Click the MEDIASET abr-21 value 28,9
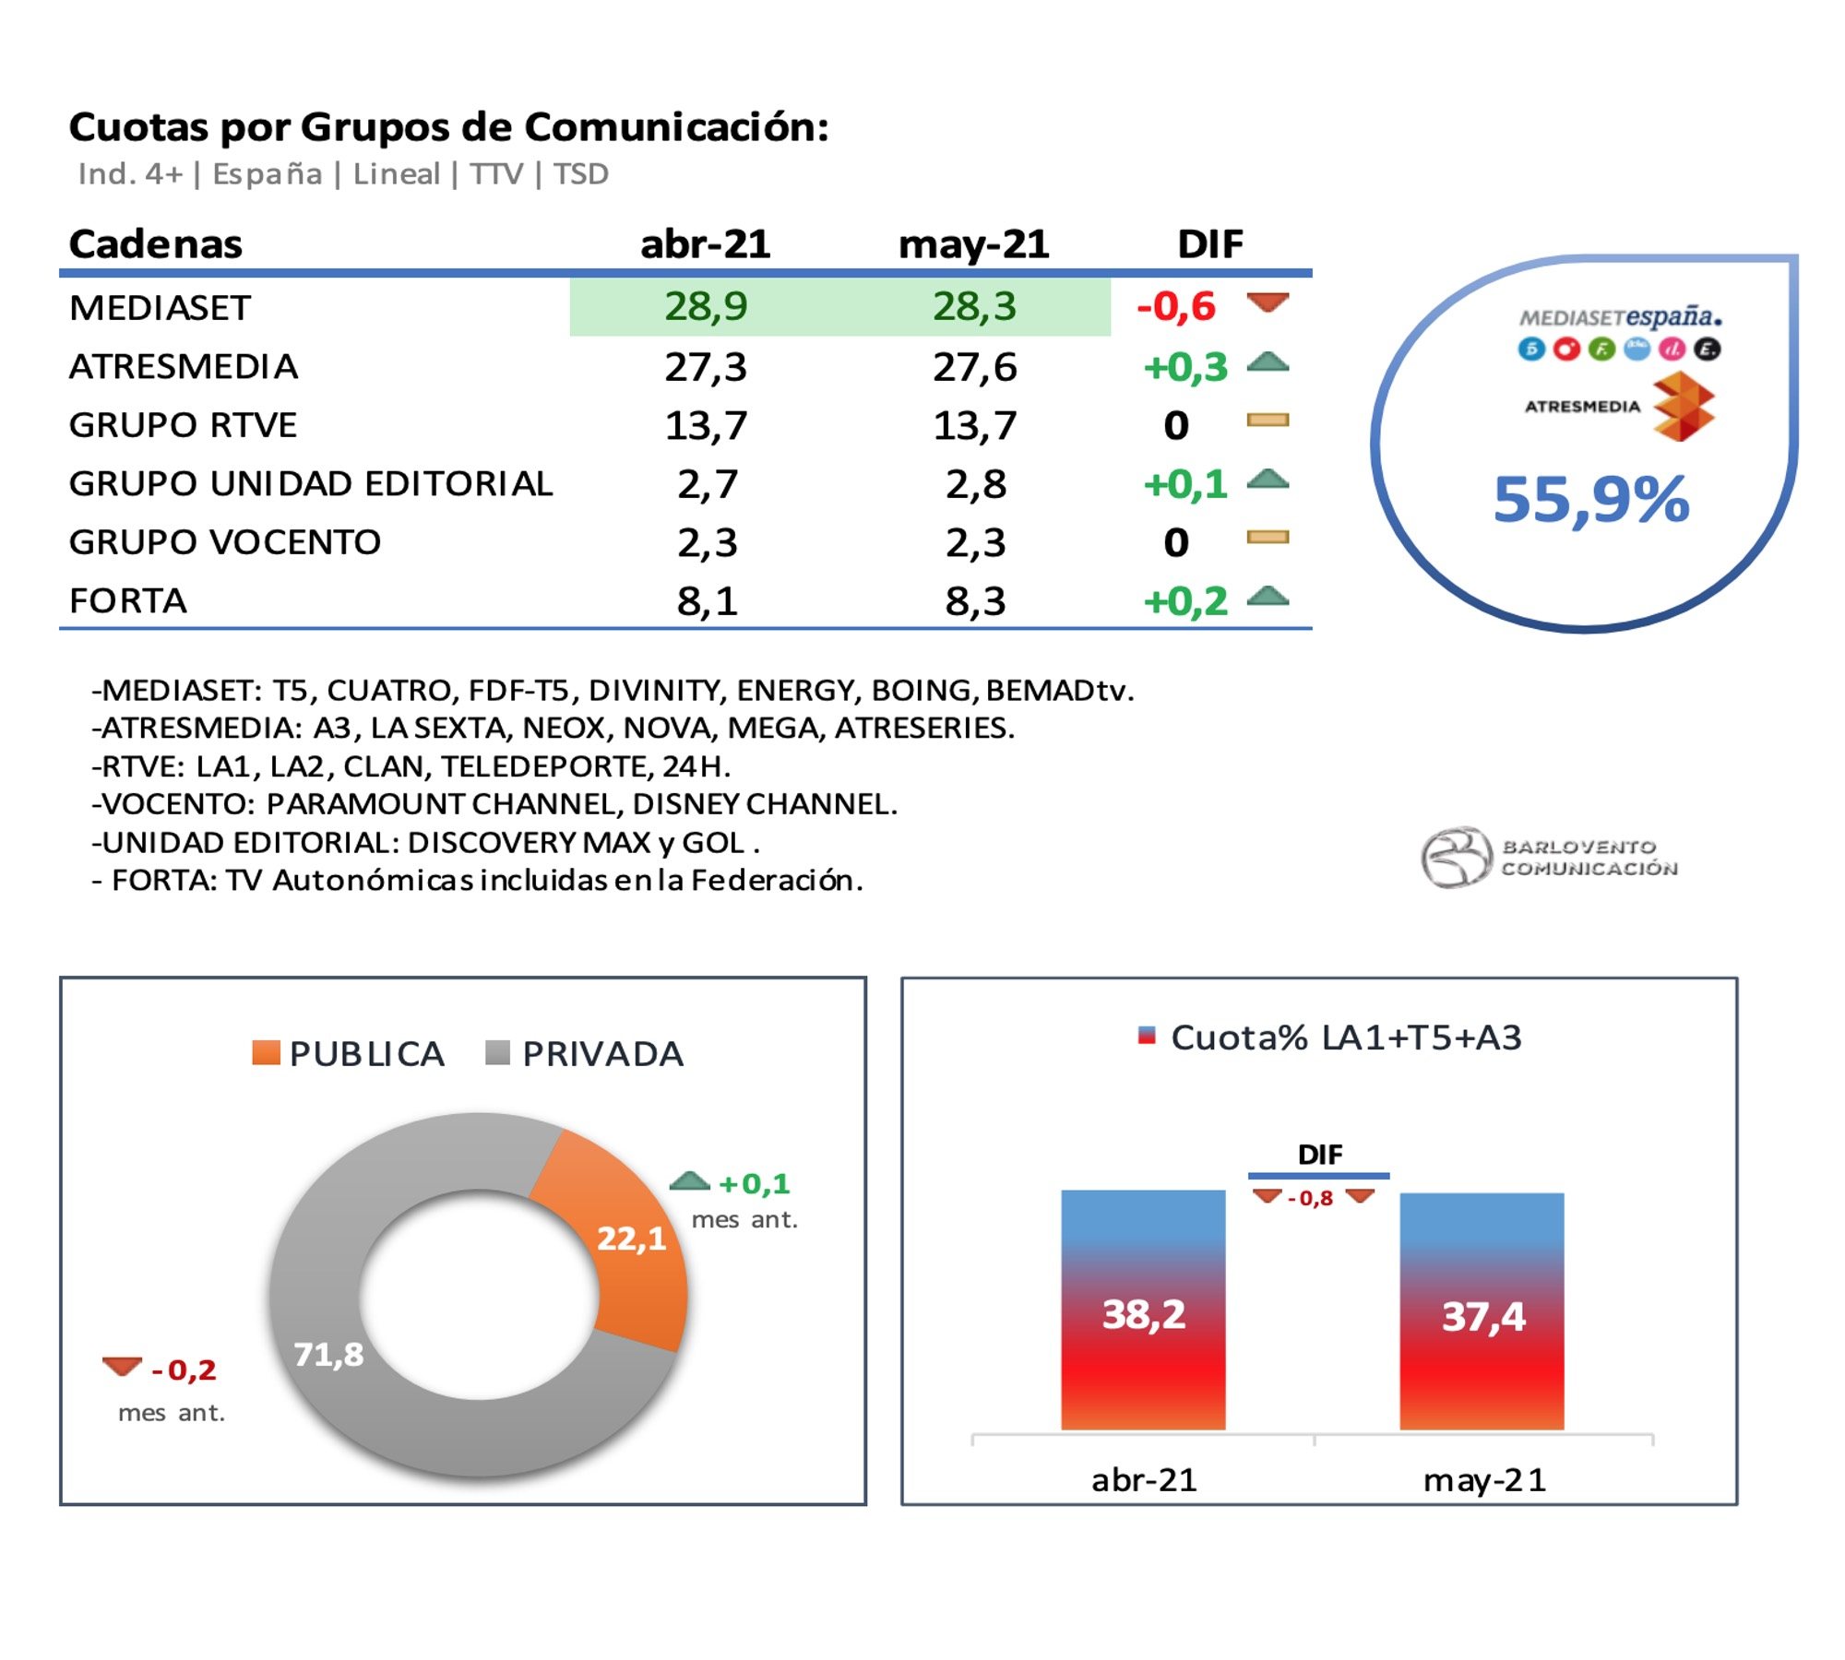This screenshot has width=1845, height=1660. (706, 306)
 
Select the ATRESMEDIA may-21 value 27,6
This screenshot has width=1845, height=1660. (974, 367)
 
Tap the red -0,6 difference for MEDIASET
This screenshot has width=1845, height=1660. (1176, 306)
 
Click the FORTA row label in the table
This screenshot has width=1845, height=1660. (128, 600)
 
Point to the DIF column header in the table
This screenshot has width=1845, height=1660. (1209, 244)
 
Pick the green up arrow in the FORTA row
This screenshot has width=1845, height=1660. (1268, 596)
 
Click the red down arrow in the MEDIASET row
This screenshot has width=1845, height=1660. (1268, 302)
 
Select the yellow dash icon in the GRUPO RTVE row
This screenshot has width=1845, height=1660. (1268, 421)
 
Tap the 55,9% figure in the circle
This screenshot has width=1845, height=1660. (1591, 499)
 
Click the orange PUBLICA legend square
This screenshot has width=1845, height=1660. (267, 1052)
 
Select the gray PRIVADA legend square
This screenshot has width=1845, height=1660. (498, 1052)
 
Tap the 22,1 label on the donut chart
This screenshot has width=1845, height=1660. (631, 1238)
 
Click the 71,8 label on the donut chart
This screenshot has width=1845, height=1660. (328, 1354)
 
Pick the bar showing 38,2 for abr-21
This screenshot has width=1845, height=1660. (1143, 1310)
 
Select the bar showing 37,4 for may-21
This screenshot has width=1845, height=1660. (1482, 1310)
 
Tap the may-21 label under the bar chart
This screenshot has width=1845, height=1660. (1484, 1480)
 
